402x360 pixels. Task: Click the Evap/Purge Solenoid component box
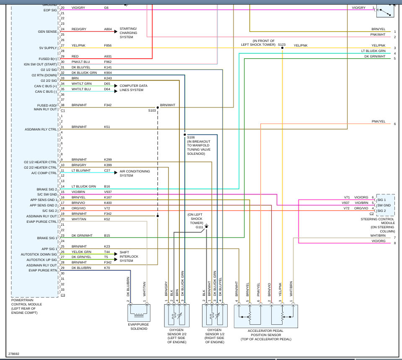139,313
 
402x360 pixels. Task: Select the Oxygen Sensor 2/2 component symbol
176,316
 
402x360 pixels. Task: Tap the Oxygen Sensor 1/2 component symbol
215,316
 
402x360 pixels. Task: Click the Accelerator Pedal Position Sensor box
266,316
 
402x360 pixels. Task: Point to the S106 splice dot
184,134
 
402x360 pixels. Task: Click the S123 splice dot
282,48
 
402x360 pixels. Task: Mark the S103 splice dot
158,107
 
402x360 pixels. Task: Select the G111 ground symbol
206,226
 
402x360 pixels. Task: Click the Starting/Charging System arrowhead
116,31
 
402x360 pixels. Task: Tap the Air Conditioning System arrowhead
116,172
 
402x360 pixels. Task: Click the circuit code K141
108,67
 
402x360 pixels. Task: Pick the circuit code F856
108,45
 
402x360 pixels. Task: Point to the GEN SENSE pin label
47,31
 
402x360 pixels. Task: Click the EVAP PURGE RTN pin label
43,270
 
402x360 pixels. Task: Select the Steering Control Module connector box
385,205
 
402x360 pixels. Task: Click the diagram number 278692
13,354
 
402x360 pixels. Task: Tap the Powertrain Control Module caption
26,306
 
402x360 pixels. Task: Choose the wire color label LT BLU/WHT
81,170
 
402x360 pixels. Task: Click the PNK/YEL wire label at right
379,121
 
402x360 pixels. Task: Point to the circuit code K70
107,268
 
